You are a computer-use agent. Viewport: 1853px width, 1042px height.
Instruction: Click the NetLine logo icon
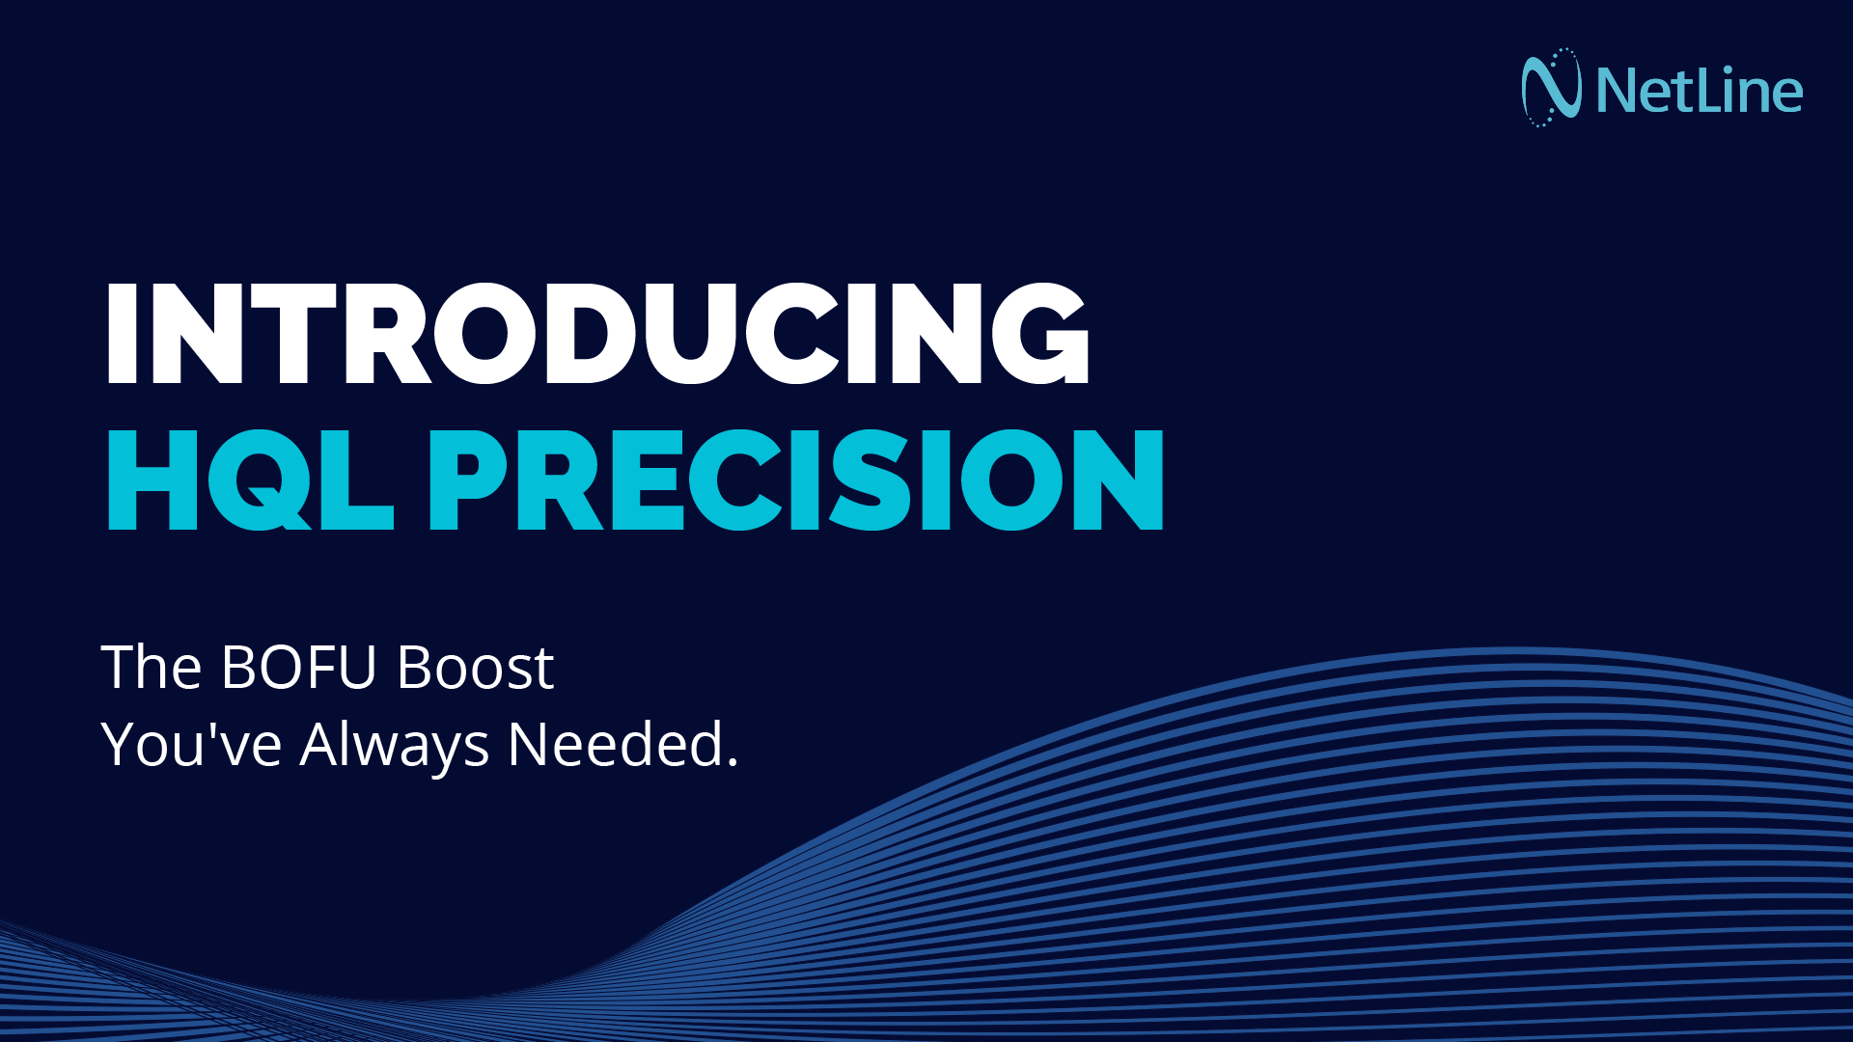pos(1551,88)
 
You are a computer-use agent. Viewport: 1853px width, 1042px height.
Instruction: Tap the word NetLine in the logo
pos(1700,91)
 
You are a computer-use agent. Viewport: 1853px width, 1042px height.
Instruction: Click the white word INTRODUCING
pos(598,334)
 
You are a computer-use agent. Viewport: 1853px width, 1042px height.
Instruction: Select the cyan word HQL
pos(250,480)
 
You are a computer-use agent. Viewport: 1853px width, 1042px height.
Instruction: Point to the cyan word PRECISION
pos(796,480)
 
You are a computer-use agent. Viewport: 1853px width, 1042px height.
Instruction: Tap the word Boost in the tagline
pos(476,667)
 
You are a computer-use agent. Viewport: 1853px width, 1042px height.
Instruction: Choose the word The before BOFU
pos(152,667)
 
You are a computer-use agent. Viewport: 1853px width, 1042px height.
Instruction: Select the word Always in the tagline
pos(395,746)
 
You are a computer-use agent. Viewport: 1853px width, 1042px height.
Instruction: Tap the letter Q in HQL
pos(254,480)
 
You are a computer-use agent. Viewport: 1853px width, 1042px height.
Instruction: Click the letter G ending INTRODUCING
pos(1039,334)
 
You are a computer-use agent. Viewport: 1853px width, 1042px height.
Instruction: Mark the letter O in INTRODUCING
pos(486,334)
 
